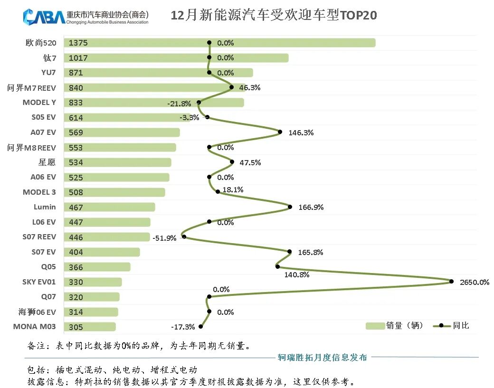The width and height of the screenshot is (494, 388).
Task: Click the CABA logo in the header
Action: coord(44,17)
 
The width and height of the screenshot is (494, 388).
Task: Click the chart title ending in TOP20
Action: coord(274,16)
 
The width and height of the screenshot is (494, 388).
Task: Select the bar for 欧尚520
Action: coord(219,43)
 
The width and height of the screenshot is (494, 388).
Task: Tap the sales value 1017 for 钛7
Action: coord(78,58)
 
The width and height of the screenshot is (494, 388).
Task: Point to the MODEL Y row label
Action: coord(39,103)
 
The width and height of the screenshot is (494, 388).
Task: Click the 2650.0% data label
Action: coord(474,282)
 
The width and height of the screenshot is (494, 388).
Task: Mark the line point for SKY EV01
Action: coord(451,282)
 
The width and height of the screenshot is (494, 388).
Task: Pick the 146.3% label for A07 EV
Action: coord(301,133)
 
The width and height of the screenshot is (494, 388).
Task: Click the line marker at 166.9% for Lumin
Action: coord(290,207)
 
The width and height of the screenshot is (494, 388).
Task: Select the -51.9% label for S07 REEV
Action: coord(165,238)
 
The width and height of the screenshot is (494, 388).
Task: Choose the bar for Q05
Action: coord(97,267)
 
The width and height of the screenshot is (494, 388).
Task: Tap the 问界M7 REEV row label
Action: coord(32,88)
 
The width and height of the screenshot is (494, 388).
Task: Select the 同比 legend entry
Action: coord(454,325)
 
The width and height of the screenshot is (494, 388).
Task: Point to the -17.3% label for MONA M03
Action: coord(183,327)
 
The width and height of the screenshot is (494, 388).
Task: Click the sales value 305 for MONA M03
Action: coord(76,327)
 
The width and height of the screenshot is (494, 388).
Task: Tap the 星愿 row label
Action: coord(47,162)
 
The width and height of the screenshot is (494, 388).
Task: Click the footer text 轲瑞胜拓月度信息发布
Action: coord(322,358)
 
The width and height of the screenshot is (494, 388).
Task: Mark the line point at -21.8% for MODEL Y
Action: coord(199,102)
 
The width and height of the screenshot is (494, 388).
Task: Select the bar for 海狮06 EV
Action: coord(91,312)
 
